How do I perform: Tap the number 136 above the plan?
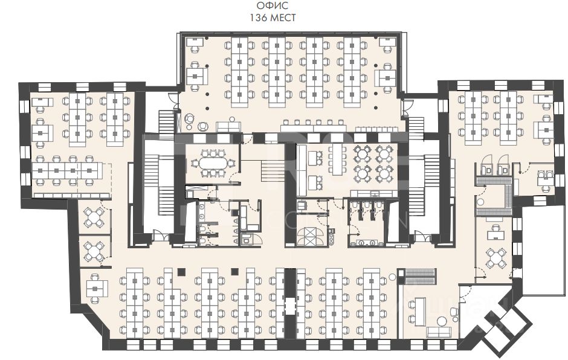259,18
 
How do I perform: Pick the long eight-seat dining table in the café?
336,162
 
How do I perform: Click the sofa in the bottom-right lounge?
439,331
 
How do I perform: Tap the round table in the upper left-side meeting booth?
95,217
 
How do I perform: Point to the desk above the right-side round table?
497,231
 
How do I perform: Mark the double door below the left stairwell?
156,237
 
